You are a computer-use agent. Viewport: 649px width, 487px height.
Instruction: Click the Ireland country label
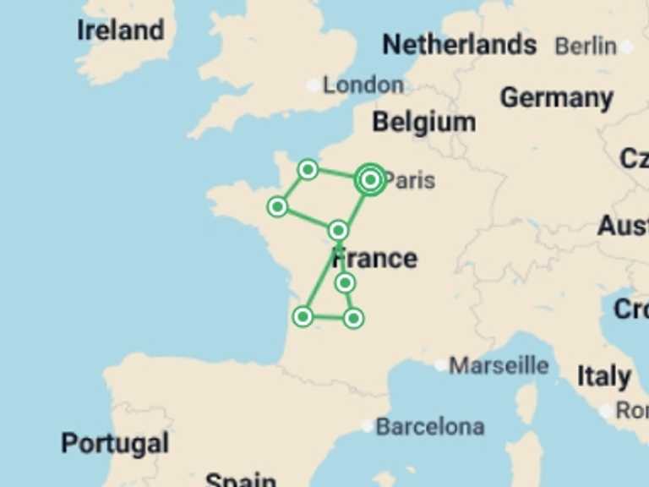point(120,30)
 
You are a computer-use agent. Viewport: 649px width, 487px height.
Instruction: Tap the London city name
point(363,85)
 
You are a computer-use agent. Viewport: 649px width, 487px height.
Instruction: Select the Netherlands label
point(459,44)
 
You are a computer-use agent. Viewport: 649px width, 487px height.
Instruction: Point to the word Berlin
point(586,47)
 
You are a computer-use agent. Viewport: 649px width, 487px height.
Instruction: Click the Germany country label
point(556,98)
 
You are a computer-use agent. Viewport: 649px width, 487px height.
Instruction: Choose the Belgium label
point(423,123)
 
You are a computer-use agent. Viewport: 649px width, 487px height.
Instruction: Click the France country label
point(374,258)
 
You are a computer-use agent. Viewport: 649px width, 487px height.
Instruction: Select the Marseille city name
point(499,366)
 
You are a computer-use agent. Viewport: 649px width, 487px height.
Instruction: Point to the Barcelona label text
point(430,427)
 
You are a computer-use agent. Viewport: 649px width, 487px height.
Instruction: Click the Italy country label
point(603,376)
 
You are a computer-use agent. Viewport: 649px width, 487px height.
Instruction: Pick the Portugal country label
point(114,443)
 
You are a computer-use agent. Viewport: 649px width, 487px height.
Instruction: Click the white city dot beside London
point(314,85)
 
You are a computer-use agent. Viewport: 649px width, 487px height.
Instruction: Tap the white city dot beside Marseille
point(440,366)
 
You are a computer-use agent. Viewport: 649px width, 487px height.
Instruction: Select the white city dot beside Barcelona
point(367,427)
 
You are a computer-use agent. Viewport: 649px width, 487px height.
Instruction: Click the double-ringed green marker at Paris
point(370,179)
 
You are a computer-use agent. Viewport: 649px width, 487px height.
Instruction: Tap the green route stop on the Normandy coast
point(308,170)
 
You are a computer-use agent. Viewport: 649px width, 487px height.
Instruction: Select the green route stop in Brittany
point(277,206)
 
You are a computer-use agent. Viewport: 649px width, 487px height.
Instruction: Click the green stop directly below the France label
point(345,282)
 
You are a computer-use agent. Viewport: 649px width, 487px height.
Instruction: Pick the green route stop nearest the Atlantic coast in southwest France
point(303,317)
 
